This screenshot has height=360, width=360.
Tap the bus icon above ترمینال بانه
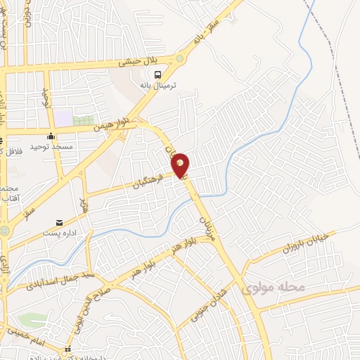point(159,74)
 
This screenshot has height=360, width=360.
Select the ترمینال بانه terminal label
point(158,85)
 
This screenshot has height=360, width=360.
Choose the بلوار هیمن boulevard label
point(115,124)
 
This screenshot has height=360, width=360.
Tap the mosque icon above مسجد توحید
point(51,136)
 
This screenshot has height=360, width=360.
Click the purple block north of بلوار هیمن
point(65,119)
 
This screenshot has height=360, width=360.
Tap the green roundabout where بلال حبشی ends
point(181,59)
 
